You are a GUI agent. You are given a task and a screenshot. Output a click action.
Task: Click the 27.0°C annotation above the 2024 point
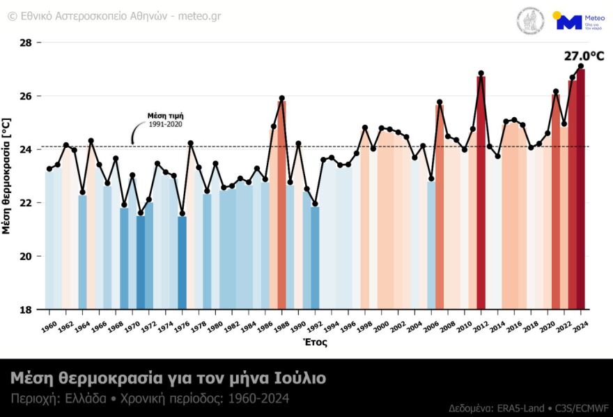click(584, 56)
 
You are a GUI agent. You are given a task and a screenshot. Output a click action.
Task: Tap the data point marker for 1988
click(282, 98)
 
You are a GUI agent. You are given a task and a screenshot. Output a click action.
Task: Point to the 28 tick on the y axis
click(26, 43)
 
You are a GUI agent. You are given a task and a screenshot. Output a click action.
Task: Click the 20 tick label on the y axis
click(26, 257)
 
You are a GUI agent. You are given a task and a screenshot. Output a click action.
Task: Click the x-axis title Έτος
click(315, 342)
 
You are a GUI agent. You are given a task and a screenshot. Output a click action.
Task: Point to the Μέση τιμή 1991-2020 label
click(166, 120)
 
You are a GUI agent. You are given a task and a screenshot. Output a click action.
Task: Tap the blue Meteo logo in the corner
click(569, 22)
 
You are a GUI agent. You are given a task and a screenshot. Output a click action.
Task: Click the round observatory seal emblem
click(531, 21)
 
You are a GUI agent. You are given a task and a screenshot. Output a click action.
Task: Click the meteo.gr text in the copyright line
click(199, 15)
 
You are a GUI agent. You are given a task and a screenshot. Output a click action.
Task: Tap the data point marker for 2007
click(440, 103)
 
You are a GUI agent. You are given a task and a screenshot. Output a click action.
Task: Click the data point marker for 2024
click(581, 66)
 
